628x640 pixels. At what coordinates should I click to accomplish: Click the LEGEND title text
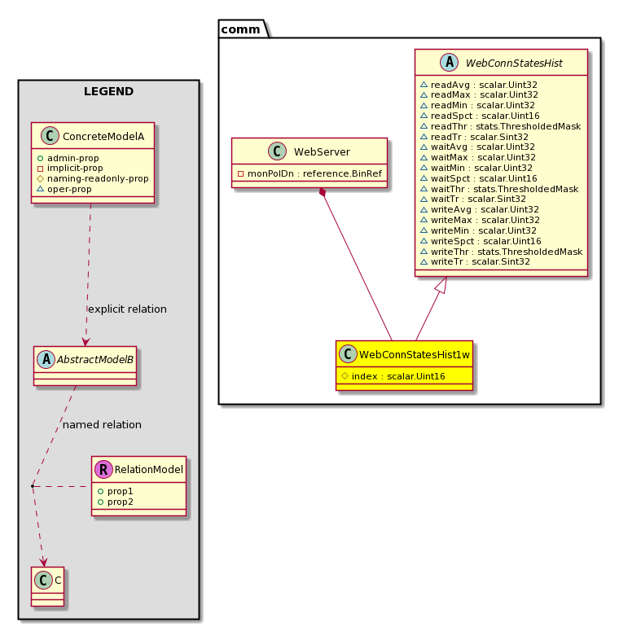pyautogui.click(x=108, y=91)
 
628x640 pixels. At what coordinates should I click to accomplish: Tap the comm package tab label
pyautogui.click(x=240, y=29)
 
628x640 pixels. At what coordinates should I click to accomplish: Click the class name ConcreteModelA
pyautogui.click(x=103, y=136)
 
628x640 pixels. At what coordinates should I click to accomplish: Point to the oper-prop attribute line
pyautogui.click(x=64, y=189)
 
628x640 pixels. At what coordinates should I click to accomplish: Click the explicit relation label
pyautogui.click(x=127, y=309)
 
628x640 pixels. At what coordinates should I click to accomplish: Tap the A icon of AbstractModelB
pyautogui.click(x=46, y=360)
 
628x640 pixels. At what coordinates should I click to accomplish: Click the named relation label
pyautogui.click(x=102, y=424)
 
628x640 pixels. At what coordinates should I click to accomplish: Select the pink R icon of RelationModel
pyautogui.click(x=103, y=469)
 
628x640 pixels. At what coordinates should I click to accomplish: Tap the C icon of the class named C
pyautogui.click(x=43, y=580)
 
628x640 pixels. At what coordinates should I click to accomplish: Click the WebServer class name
pyautogui.click(x=322, y=151)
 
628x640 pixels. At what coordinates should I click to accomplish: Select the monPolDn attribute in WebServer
pyautogui.click(x=310, y=173)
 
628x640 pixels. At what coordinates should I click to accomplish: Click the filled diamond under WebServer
pyautogui.click(x=323, y=192)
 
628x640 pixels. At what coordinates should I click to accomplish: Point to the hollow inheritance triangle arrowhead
pyautogui.click(x=441, y=285)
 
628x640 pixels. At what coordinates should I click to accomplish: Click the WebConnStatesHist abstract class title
pyautogui.click(x=514, y=63)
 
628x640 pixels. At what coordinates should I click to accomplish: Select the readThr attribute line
pyautogui.click(x=501, y=126)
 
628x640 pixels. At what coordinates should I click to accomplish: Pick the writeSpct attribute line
pyautogui.click(x=481, y=241)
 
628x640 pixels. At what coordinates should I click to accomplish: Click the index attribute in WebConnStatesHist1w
pyautogui.click(x=393, y=376)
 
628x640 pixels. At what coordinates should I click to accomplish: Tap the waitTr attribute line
pyautogui.click(x=473, y=199)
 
